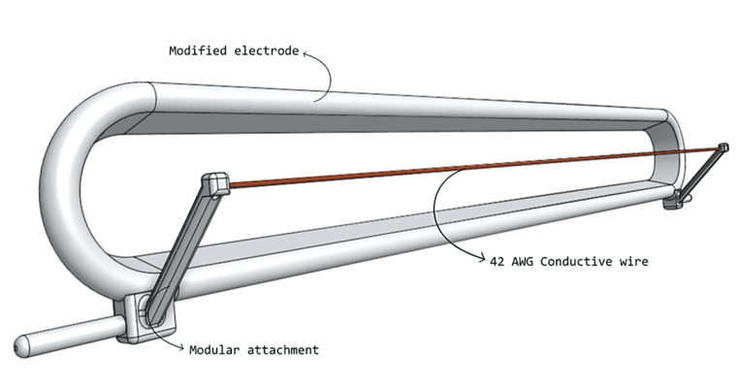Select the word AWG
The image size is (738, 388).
(x=519, y=261)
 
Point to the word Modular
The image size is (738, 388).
(x=214, y=349)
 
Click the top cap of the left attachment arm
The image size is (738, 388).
(x=215, y=181)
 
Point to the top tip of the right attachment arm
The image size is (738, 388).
(x=722, y=147)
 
